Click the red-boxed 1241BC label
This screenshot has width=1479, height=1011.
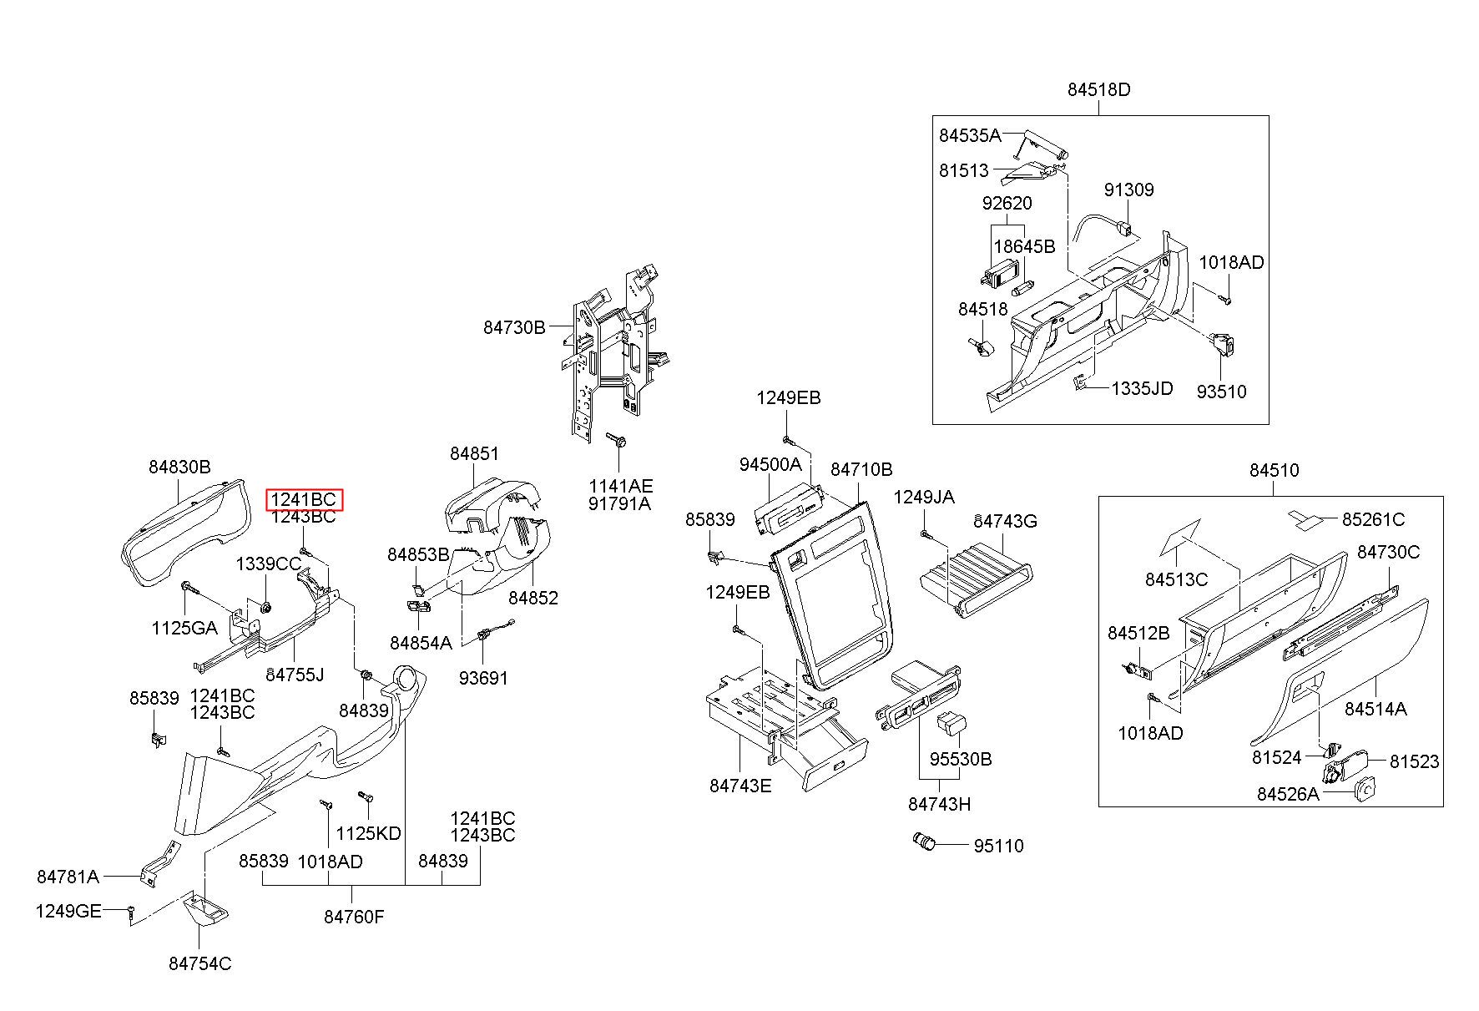(304, 499)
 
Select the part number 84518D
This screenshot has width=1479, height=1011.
(1098, 89)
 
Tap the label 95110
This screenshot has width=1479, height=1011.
(998, 846)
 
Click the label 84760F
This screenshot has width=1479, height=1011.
(354, 917)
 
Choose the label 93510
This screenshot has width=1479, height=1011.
(1221, 392)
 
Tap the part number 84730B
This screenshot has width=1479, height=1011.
(514, 327)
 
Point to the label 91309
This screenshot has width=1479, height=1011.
(1129, 190)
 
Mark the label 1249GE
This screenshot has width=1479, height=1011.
(68, 911)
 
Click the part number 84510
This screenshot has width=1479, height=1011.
(1275, 470)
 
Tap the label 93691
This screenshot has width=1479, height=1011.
(483, 678)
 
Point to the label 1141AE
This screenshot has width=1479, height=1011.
(620, 486)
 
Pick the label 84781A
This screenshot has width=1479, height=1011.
(68, 877)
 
